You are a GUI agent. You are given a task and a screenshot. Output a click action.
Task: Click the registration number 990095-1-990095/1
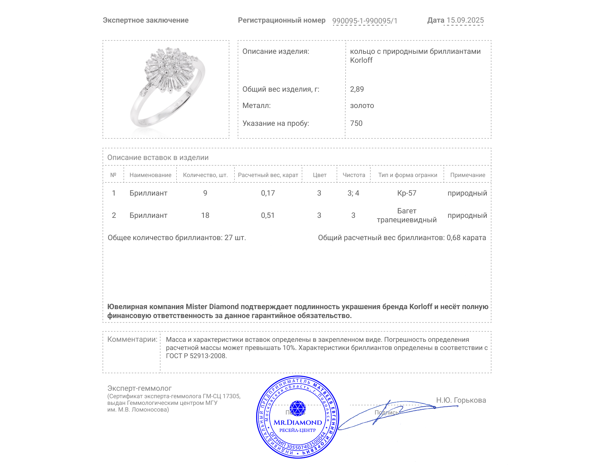click(365, 21)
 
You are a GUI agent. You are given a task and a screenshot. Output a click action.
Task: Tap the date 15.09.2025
click(465, 20)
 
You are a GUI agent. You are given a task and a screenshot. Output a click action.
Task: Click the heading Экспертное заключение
click(146, 20)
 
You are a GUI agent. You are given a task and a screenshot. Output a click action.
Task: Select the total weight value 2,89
click(357, 89)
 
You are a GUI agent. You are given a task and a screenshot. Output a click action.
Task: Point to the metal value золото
click(362, 105)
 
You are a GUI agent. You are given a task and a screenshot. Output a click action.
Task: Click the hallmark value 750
click(356, 123)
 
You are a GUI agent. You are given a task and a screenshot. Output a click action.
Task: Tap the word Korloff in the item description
click(361, 60)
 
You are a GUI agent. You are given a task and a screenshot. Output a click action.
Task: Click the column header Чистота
click(353, 175)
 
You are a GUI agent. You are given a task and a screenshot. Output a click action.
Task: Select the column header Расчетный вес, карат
click(268, 175)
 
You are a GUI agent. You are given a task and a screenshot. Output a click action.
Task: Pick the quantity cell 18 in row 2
click(205, 215)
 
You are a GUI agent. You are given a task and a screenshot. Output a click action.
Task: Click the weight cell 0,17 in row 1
click(268, 193)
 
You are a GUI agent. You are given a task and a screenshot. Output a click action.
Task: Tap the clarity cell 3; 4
click(353, 193)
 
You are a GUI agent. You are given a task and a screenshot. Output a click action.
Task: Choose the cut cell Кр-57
click(407, 193)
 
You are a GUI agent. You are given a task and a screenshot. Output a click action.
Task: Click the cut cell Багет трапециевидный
click(407, 215)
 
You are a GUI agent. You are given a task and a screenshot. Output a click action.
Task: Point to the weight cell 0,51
click(268, 215)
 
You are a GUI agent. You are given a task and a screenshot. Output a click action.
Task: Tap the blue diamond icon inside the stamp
click(297, 408)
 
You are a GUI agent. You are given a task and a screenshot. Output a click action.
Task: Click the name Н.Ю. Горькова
click(461, 400)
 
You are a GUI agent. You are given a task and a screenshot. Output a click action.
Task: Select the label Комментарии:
click(132, 339)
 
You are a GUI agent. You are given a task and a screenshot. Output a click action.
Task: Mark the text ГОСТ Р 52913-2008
click(196, 356)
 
